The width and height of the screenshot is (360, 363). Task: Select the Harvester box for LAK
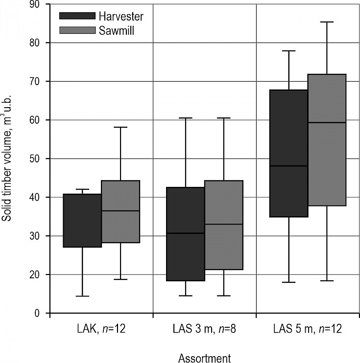(x=82, y=221)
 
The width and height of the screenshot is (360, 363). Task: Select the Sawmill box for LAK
(x=120, y=211)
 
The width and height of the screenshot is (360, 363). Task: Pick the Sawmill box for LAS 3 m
(x=224, y=225)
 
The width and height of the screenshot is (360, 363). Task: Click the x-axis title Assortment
(x=205, y=358)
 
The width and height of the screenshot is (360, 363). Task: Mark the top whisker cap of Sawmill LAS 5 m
(x=327, y=22)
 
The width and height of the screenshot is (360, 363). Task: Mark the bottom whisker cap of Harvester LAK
(x=82, y=296)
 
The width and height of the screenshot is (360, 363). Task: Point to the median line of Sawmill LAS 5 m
(x=327, y=122)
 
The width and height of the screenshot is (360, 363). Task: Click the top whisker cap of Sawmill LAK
(x=120, y=127)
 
